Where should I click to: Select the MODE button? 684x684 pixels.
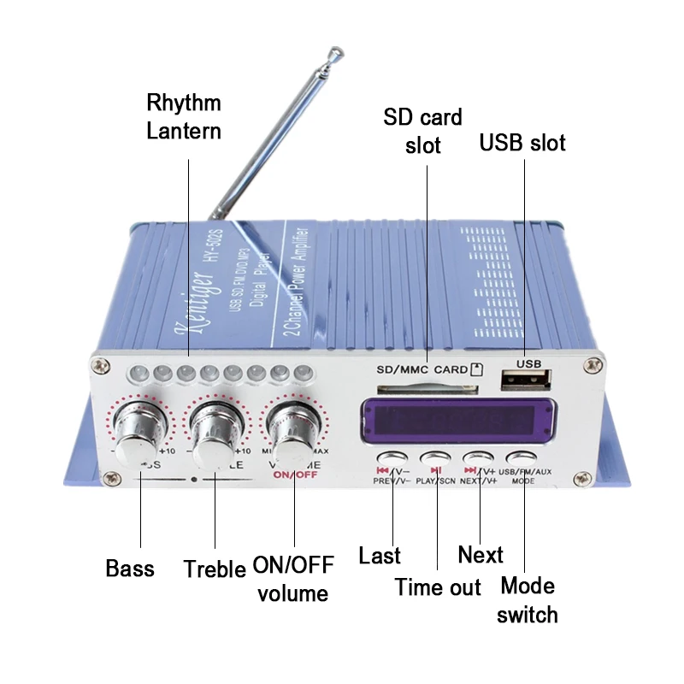[x=522, y=459]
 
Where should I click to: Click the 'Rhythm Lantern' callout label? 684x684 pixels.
[x=183, y=117]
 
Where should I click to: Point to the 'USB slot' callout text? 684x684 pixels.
[x=522, y=142]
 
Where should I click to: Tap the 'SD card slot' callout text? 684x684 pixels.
[x=422, y=131]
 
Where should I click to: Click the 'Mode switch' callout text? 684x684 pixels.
[x=528, y=600]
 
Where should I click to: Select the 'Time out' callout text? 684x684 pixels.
[x=438, y=587]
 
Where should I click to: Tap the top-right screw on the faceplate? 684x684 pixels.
[x=589, y=366]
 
